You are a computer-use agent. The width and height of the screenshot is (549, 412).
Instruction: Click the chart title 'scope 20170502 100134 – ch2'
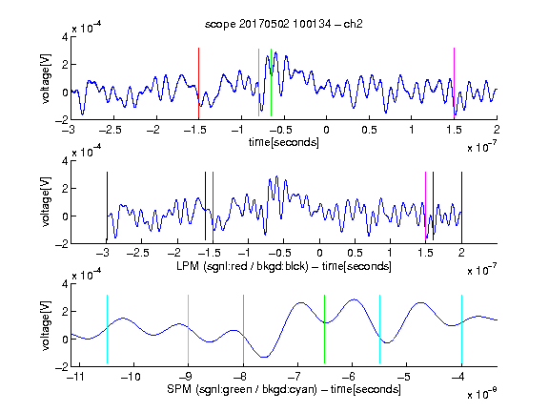point(284,24)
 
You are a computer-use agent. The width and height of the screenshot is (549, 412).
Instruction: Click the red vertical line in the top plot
point(198,83)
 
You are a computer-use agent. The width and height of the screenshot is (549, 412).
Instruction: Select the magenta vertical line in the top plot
point(454,82)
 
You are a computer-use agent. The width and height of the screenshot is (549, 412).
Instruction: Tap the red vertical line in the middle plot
point(213,207)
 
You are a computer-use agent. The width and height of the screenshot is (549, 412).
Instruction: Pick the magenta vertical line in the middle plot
point(425,206)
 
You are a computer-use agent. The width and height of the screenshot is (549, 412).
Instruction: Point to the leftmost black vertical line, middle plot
point(107,206)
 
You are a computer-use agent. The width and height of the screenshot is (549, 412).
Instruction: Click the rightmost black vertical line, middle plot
point(461,206)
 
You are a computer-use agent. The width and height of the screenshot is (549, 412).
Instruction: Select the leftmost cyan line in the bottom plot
point(107,329)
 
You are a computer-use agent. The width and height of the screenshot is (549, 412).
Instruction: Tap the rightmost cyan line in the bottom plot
point(461,329)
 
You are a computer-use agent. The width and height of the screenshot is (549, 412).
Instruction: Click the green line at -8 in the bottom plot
point(243,329)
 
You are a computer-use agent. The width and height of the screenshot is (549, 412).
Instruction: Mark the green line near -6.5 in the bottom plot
point(325,329)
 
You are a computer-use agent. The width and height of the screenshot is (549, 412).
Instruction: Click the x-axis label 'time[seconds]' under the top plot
point(284,142)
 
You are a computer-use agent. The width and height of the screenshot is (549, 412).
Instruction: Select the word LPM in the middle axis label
point(188,266)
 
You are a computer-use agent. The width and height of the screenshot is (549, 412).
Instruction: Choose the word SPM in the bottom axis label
point(179,389)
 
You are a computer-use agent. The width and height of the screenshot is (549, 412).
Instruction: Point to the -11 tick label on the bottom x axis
point(76,377)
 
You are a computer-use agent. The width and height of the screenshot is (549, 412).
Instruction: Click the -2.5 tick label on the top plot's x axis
point(110,130)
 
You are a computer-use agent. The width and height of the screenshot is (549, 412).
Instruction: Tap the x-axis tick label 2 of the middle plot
point(461,253)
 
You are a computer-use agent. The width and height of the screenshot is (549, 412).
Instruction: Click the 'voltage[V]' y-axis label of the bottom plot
point(46,325)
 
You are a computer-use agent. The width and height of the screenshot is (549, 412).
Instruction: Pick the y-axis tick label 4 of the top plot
point(65,37)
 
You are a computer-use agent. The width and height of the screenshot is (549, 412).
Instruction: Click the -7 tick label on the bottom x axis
point(295,377)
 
